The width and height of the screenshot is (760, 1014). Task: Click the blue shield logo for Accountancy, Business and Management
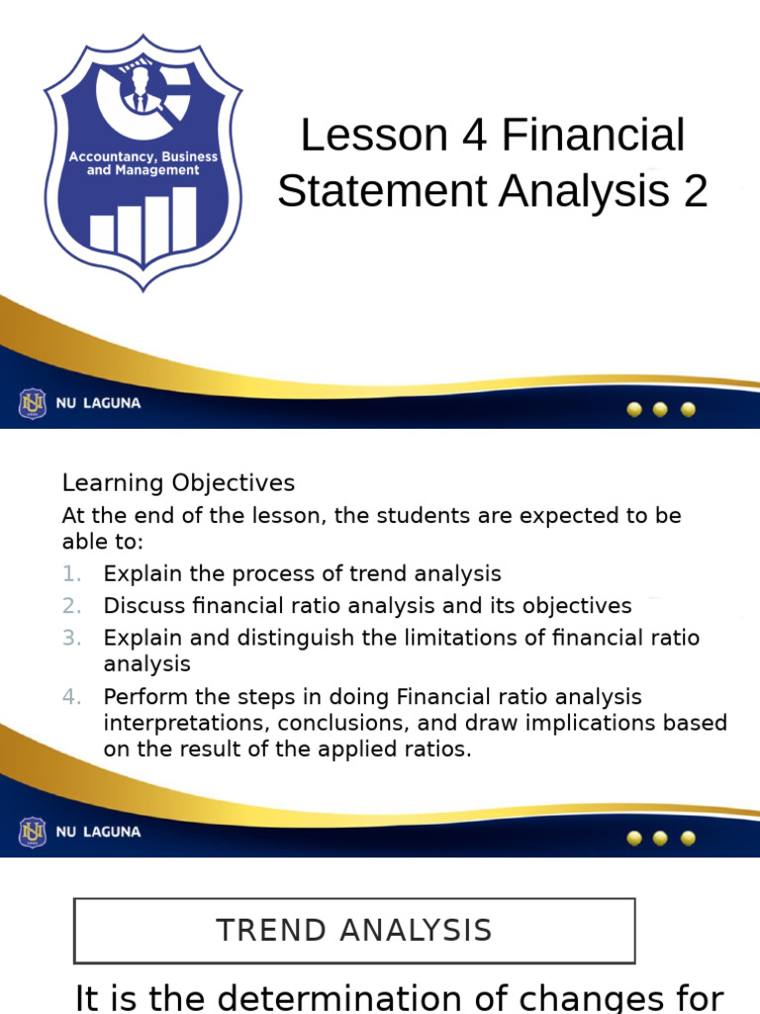[143, 163]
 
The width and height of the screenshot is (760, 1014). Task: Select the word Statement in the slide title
[381, 192]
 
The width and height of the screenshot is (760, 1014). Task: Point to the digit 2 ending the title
[695, 192]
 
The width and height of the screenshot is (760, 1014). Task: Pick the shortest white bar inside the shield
[103, 234]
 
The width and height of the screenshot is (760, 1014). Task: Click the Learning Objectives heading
[178, 483]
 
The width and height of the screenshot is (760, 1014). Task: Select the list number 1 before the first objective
[71, 574]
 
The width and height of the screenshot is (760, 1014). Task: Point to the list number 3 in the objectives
[71, 638]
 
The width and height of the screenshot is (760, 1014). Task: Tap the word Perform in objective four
[142, 697]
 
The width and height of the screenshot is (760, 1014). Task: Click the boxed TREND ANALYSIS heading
[354, 931]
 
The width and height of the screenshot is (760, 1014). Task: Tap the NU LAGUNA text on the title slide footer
[98, 404]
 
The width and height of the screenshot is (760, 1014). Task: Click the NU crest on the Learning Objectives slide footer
[33, 832]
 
